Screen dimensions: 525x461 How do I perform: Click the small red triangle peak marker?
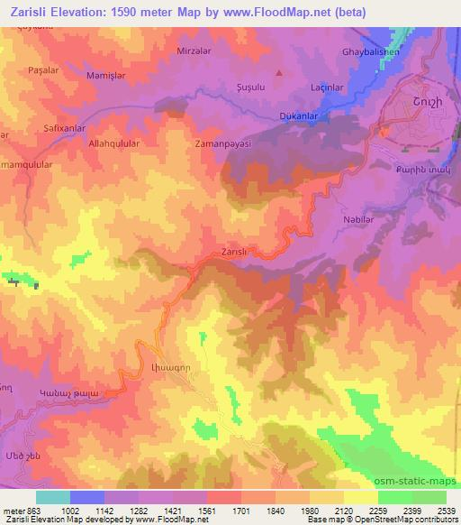[279, 72]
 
